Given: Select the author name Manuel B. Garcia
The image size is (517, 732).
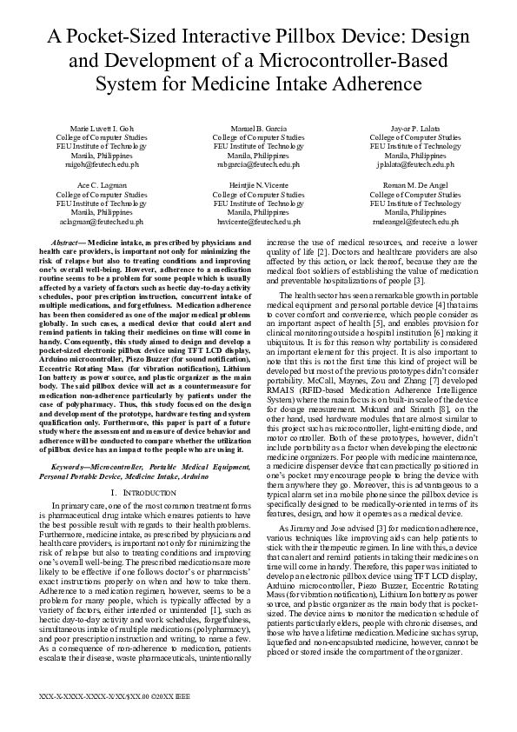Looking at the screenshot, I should (258, 128).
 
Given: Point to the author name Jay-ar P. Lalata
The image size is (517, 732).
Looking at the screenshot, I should (415, 128).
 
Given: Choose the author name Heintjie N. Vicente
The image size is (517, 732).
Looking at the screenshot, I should (258, 186).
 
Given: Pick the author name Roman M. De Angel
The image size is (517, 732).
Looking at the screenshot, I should (415, 186).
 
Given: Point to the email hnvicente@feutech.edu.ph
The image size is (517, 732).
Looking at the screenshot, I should (258, 222).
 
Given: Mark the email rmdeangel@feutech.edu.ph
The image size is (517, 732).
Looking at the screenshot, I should (415, 222).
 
